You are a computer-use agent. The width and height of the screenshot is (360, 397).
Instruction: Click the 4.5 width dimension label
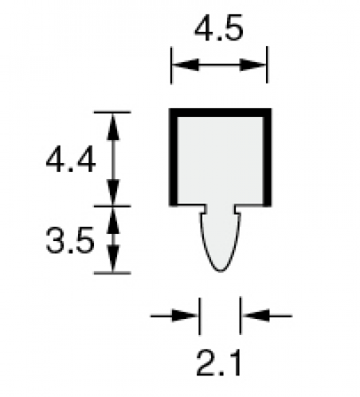click(x=219, y=28)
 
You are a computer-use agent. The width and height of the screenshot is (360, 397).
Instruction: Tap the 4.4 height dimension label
click(x=71, y=158)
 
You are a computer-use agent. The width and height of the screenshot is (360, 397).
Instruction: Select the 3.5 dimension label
click(x=70, y=240)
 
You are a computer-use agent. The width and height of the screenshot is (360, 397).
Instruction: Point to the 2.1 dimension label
click(x=219, y=363)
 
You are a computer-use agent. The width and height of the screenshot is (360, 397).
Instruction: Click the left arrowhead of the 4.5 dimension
click(x=186, y=64)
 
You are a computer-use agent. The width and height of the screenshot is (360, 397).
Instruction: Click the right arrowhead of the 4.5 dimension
click(x=252, y=64)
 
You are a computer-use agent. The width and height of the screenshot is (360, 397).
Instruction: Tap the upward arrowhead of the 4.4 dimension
click(x=113, y=126)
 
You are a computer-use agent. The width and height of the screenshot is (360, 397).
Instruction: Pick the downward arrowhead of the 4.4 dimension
click(x=113, y=192)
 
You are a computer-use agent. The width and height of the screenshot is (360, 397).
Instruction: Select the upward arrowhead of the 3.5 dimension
click(x=113, y=220)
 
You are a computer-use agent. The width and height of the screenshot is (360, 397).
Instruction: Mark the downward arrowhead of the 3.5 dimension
click(x=113, y=259)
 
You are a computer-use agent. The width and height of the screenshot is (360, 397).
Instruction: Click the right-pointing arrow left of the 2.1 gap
click(x=174, y=316)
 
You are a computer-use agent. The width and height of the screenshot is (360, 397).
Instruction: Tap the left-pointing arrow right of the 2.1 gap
click(x=267, y=316)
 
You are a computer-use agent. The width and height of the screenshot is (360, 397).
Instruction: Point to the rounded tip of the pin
click(x=221, y=271)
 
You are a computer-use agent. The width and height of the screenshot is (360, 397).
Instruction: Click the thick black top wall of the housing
click(x=220, y=112)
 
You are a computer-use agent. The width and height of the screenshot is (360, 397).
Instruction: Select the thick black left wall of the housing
click(x=173, y=157)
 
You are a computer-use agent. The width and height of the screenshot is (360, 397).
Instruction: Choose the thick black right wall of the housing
click(x=267, y=157)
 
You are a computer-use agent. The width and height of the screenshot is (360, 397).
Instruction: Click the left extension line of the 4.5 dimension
click(x=171, y=65)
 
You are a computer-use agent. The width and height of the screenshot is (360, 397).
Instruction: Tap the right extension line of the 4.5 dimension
click(x=267, y=64)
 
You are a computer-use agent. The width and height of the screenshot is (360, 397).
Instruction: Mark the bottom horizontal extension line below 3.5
click(x=112, y=273)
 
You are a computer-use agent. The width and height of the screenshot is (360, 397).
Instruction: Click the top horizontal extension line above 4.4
click(x=112, y=112)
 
